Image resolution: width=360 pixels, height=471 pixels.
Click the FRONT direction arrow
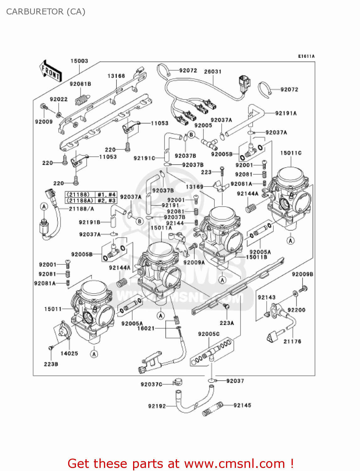[50, 71]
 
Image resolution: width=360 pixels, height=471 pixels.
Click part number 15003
[79, 61]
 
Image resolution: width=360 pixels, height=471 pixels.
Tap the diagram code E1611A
[306, 57]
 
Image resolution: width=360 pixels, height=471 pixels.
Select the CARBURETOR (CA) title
[46, 12]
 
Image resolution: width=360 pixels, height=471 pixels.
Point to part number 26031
[212, 72]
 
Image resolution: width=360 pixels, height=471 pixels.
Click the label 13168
[116, 76]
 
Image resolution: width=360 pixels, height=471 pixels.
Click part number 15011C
[291, 153]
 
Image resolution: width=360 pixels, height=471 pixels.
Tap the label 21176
[292, 341]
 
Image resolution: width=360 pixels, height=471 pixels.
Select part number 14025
[69, 354]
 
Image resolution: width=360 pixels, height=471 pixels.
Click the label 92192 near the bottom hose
[157, 406]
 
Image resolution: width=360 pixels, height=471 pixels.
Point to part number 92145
[242, 405]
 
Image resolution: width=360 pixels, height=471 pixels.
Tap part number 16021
[146, 328]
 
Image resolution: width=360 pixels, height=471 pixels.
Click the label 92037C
[151, 384]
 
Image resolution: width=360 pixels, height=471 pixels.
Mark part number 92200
[296, 310]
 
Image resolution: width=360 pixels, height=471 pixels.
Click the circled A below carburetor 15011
[94, 354]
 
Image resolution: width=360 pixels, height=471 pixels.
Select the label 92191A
[286, 113]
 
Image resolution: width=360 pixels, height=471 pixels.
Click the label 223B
[51, 364]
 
